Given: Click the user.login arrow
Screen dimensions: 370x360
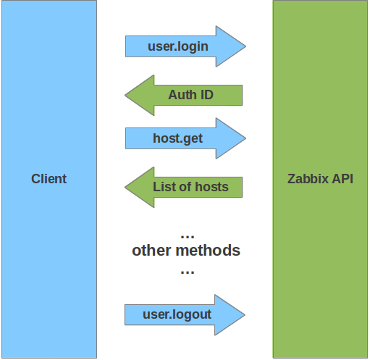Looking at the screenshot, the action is point(185,46).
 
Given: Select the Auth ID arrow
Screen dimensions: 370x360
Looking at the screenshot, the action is point(184,95).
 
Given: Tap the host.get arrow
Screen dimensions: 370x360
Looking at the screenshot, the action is point(185,138).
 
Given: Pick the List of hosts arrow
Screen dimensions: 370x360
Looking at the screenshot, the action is point(184,187).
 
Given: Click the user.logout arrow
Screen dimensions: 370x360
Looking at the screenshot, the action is point(185,315).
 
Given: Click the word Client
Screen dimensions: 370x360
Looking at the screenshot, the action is point(49,179).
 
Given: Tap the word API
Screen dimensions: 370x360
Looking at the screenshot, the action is point(342,179).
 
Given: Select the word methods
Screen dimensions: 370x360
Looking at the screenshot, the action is point(208,250).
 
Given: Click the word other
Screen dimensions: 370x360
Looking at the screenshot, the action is point(151,250).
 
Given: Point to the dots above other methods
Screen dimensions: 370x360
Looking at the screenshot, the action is point(188,237).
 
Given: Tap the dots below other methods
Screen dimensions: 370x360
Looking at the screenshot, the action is point(188,272).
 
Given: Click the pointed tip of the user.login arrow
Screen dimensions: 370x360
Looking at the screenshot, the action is point(246,46).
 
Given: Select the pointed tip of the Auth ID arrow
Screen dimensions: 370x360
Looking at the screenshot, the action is point(125,95).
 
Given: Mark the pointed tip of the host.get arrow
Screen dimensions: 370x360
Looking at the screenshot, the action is point(246,138).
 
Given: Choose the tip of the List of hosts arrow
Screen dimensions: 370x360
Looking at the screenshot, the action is point(125,187).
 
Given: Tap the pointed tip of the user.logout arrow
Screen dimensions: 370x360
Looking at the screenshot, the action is point(245,315).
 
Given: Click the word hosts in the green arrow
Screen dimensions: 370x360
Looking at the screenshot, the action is point(211,187).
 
